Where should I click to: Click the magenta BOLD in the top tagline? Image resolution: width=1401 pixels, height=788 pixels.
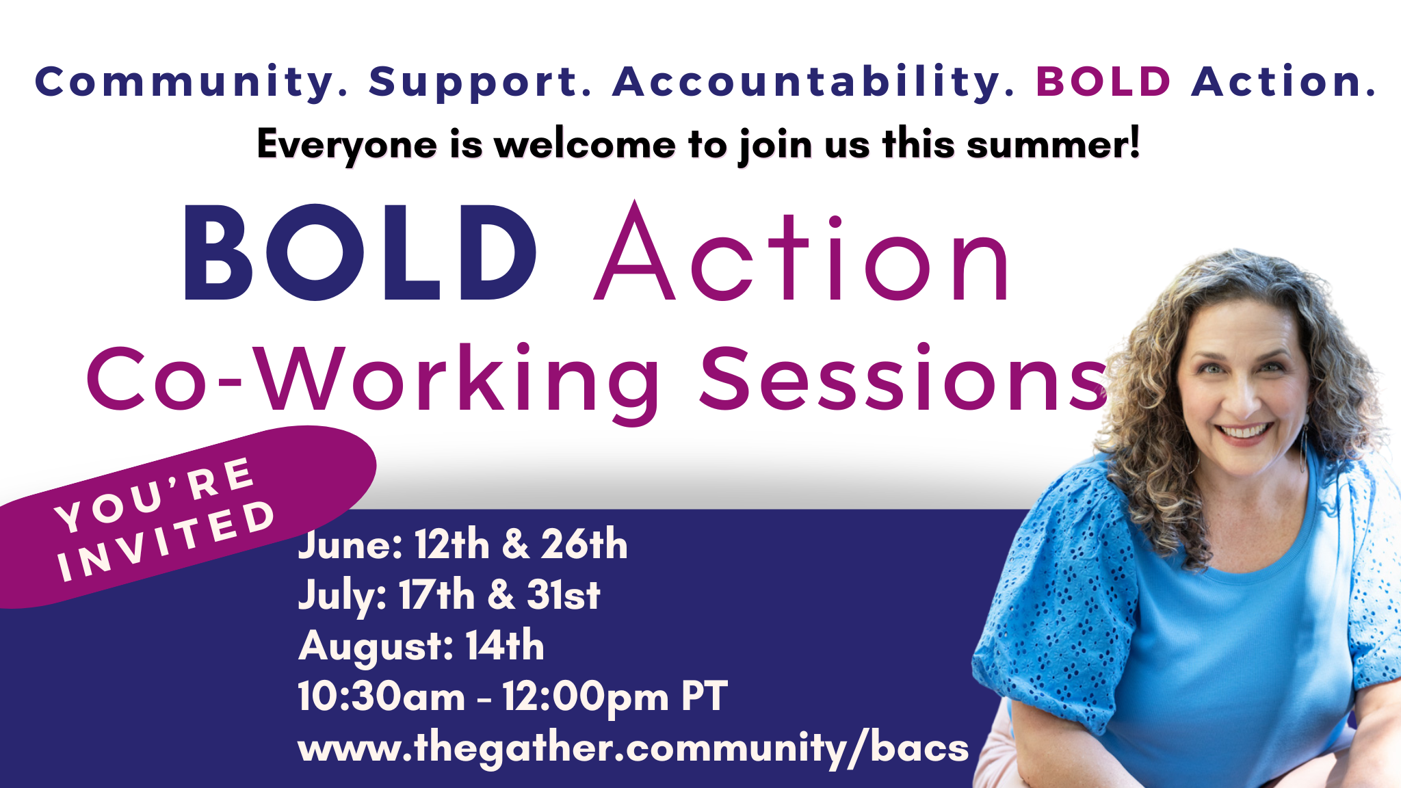pyautogui.click(x=1104, y=81)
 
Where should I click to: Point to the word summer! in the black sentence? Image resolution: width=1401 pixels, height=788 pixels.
pyautogui.click(x=1053, y=144)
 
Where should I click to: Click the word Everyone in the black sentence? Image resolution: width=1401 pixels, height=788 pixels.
pyautogui.click(x=347, y=146)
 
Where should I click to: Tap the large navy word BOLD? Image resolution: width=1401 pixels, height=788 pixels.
pyautogui.click(x=361, y=252)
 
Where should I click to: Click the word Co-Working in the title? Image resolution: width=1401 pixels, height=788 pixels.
pyautogui.click(x=374, y=380)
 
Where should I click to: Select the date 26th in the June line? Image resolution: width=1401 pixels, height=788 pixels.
pyautogui.click(x=584, y=544)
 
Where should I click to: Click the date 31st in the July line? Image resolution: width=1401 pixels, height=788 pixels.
pyautogui.click(x=564, y=594)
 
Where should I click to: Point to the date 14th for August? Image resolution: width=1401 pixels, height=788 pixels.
pyautogui.click(x=505, y=645)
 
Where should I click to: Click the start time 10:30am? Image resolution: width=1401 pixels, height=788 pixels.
pyautogui.click(x=382, y=696)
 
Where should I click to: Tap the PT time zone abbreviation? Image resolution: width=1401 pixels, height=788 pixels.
pyautogui.click(x=704, y=696)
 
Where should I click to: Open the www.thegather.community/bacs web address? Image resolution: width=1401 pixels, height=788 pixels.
pyautogui.click(x=633, y=748)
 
